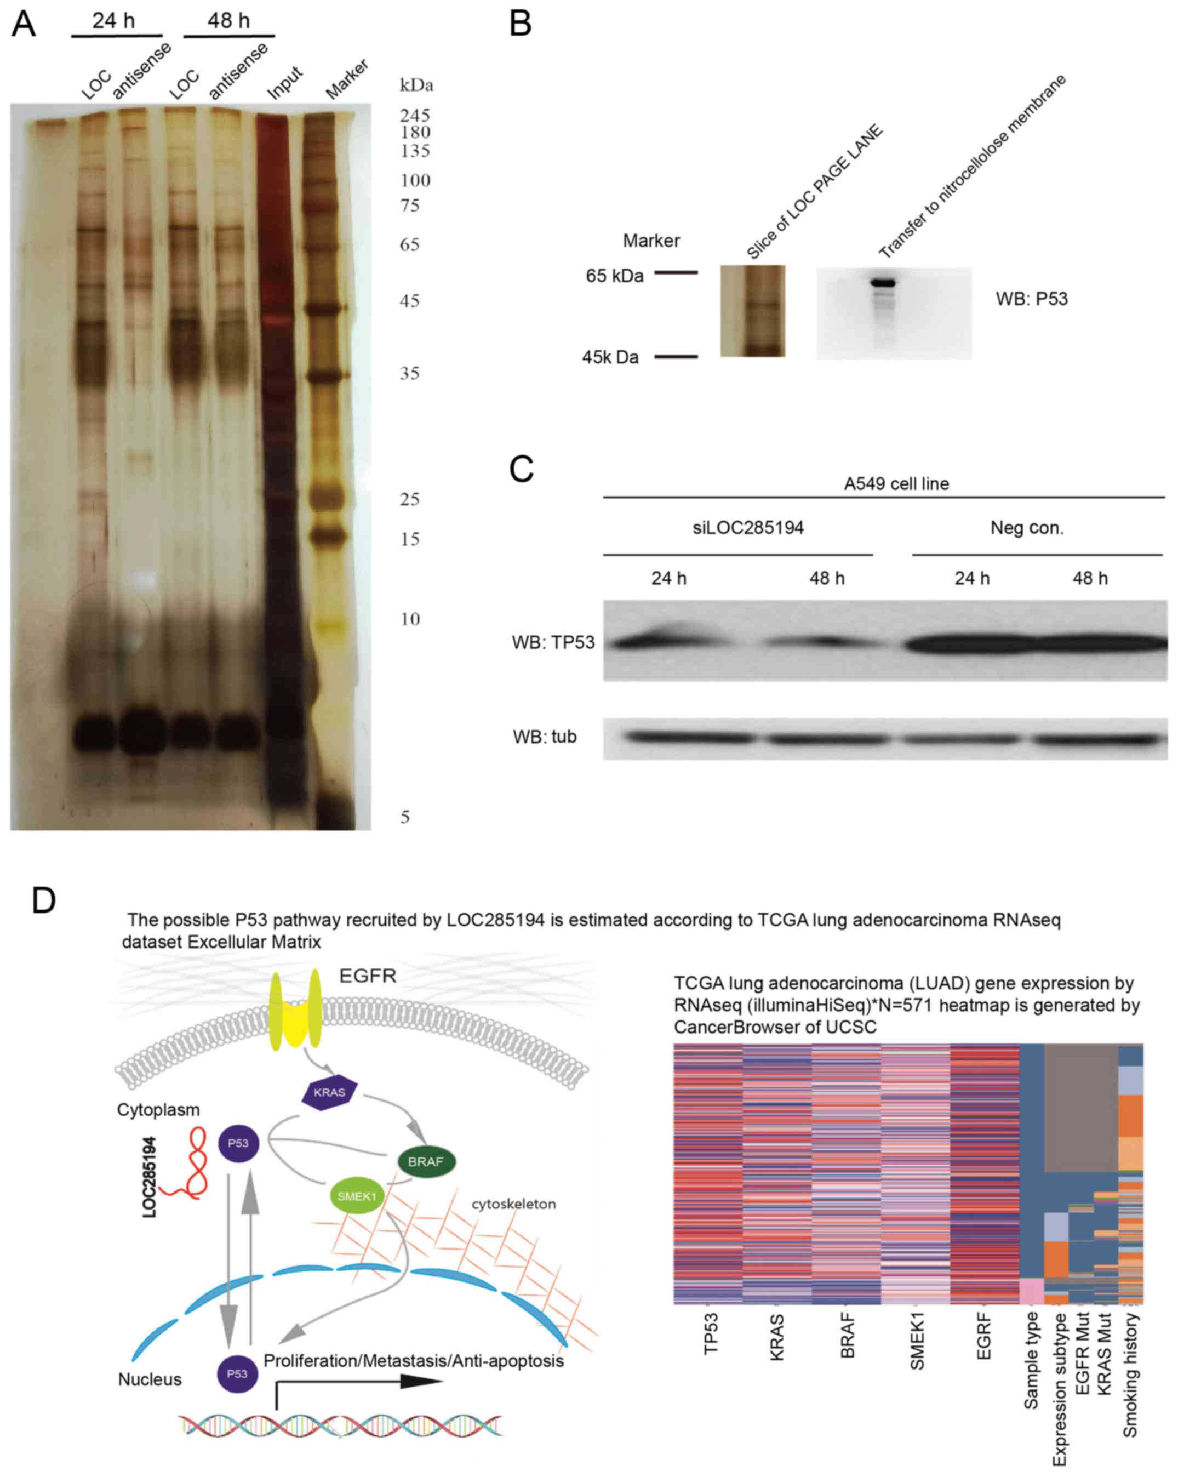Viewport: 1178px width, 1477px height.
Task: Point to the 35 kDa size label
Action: pyautogui.click(x=410, y=373)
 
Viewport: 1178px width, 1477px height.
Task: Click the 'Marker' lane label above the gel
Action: pyautogui.click(x=346, y=79)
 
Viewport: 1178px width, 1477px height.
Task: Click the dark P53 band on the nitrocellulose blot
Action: pyautogui.click(x=883, y=282)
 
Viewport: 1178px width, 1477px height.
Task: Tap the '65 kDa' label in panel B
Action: pyautogui.click(x=614, y=276)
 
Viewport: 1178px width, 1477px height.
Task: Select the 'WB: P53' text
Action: pyautogui.click(x=1031, y=299)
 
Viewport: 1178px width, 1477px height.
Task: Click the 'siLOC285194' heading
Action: pyautogui.click(x=748, y=527)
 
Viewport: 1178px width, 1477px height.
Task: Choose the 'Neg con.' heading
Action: pyautogui.click(x=1027, y=527)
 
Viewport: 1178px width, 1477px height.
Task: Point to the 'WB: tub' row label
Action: pyautogui.click(x=545, y=737)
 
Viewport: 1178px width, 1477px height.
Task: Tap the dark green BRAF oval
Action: pyautogui.click(x=426, y=1162)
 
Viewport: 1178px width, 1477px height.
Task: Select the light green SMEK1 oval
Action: pyautogui.click(x=357, y=1197)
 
